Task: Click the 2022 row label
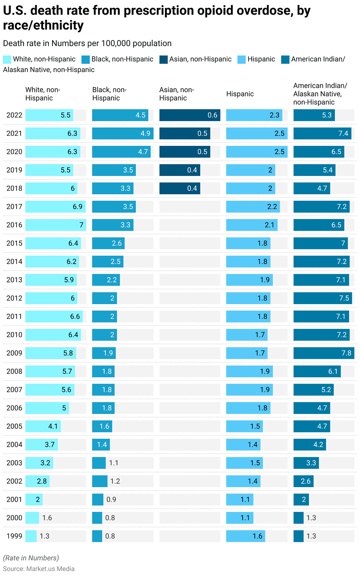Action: tap(14, 115)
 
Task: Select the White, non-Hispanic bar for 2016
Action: tap(55, 225)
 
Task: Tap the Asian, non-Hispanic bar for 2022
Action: tap(189, 115)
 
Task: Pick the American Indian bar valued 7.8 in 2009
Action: tap(324, 353)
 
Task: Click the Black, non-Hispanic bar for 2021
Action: tap(123, 133)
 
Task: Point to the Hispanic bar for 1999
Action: tap(246, 536)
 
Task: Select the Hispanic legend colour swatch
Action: tap(241, 59)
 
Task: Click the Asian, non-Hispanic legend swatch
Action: tap(163, 59)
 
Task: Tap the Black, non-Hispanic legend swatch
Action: tap(85, 59)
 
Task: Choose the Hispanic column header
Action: tap(240, 94)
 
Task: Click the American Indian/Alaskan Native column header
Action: tap(320, 94)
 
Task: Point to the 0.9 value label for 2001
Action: tap(111, 499)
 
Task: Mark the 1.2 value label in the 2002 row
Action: tap(115, 481)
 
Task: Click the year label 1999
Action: tap(14, 536)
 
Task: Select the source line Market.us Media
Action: tap(39, 569)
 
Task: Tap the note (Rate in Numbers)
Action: tap(31, 558)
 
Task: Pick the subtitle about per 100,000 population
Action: tap(87, 43)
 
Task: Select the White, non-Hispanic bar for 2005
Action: tap(43, 426)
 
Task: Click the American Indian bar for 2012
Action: tap(322, 298)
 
